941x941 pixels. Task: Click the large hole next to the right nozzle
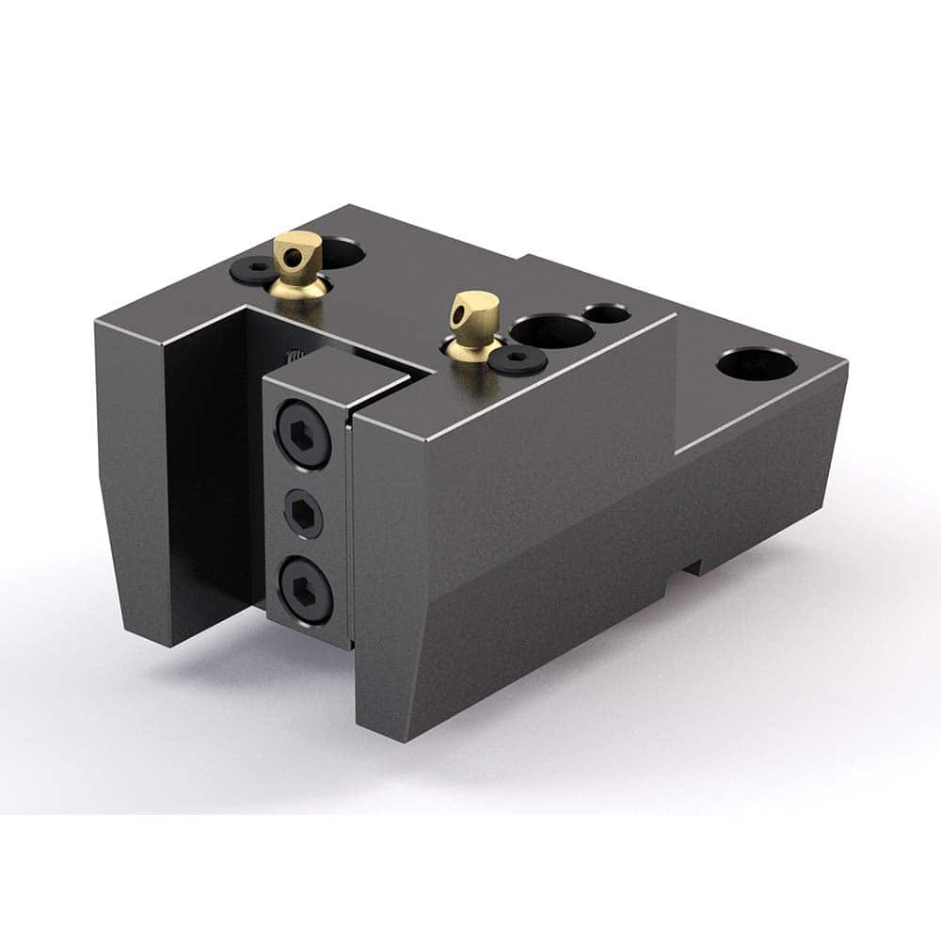tap(551, 331)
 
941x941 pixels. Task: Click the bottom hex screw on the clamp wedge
tap(304, 590)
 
